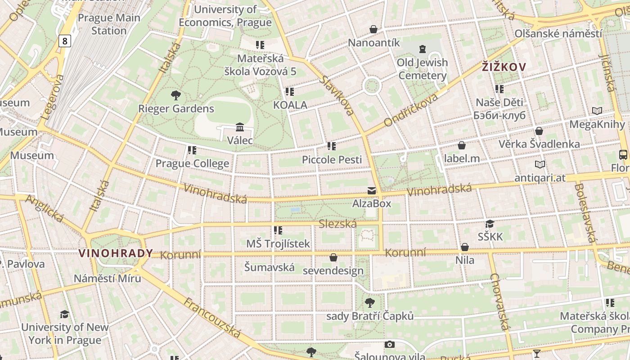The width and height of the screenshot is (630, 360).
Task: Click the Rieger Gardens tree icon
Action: [x=175, y=95]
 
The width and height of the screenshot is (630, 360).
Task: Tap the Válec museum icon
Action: [x=239, y=127]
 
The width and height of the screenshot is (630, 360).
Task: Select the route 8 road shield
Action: [x=65, y=41]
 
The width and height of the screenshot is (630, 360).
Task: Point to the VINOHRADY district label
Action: [x=116, y=253]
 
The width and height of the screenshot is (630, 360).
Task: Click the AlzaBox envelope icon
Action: [x=372, y=191]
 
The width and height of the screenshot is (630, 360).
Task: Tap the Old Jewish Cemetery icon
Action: [x=422, y=49]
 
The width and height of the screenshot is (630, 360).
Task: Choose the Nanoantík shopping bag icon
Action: [x=373, y=30]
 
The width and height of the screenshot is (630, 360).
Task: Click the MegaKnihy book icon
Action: [x=597, y=111]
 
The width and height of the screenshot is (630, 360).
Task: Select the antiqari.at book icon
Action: [x=540, y=165]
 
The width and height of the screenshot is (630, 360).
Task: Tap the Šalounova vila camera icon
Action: [x=390, y=345]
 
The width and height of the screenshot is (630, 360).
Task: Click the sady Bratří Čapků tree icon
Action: [x=369, y=303]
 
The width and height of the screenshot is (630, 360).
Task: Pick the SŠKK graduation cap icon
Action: [x=490, y=224]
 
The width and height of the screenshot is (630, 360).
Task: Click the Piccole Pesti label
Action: [x=332, y=159]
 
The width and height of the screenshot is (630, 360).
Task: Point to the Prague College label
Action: [x=192, y=163]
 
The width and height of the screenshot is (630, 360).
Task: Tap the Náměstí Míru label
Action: [x=107, y=278]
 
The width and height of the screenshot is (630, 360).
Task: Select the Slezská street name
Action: [x=337, y=224]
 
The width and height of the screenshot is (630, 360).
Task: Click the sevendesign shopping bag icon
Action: [x=333, y=257]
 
